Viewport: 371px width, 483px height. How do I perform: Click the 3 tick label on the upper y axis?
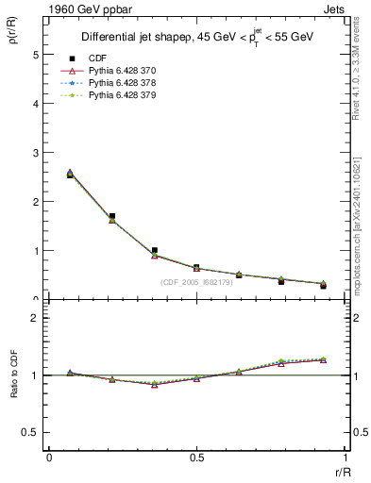(36, 152)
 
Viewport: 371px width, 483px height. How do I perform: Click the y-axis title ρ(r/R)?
(15, 34)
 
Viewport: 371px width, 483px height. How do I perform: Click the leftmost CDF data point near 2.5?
(71, 175)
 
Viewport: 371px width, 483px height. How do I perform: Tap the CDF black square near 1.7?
(112, 216)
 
